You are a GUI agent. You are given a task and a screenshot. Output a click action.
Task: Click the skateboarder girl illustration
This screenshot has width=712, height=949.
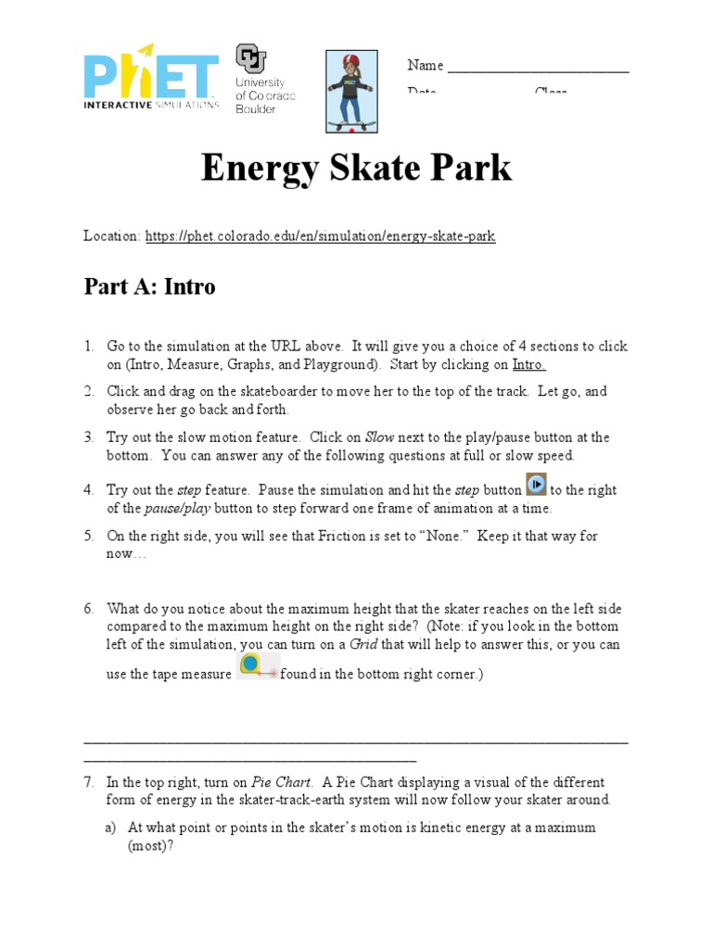[x=351, y=91]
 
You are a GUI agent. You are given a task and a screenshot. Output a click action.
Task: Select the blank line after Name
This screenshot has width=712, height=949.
[x=538, y=67]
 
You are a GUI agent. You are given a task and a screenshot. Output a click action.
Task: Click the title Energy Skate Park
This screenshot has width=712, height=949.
[x=356, y=169]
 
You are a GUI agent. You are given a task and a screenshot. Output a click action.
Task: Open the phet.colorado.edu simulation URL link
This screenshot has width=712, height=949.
[x=320, y=236]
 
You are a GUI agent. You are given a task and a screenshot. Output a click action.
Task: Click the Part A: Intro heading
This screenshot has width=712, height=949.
[x=149, y=287]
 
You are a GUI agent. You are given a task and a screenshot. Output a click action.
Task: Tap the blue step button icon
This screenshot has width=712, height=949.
[x=537, y=485]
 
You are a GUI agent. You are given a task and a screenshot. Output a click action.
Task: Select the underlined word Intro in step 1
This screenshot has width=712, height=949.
[x=528, y=364]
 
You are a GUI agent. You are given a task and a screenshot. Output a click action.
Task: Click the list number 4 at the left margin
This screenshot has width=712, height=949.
[x=89, y=490]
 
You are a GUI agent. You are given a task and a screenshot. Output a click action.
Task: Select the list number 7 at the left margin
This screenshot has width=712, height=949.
[x=89, y=783]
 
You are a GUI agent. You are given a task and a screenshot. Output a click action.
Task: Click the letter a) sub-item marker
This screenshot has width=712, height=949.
[x=111, y=828]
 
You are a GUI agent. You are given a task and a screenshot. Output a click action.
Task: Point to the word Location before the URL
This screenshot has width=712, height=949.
[x=111, y=236]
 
